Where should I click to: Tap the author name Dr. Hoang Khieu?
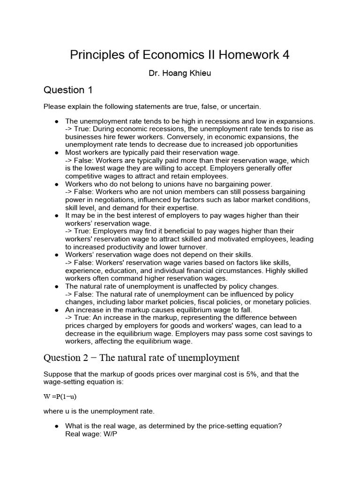(180, 74)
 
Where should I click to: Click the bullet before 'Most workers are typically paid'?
(56, 153)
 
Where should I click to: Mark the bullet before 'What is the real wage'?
(56, 426)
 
